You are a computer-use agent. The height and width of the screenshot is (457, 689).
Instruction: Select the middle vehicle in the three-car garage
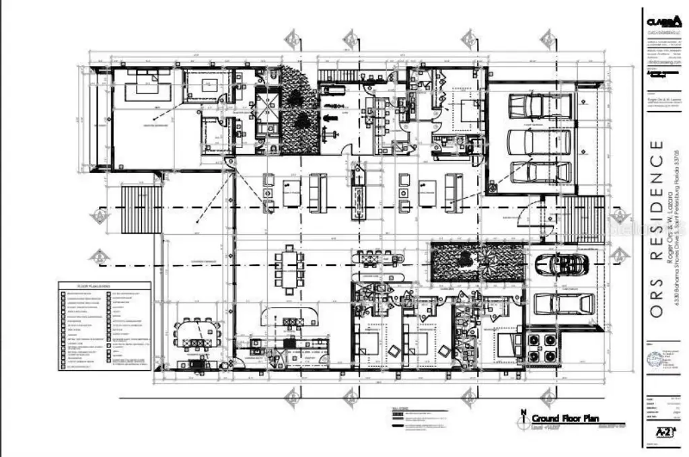coord(538,141)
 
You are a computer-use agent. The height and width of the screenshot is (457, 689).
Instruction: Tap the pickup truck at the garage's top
coord(540,106)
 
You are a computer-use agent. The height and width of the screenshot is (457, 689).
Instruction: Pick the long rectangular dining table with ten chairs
coord(289,270)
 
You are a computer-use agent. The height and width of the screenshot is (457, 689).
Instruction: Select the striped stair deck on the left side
coord(141,209)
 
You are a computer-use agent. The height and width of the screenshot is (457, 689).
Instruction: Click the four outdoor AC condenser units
coord(543,347)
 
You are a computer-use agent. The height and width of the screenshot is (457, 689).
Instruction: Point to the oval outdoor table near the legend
coord(197,332)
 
